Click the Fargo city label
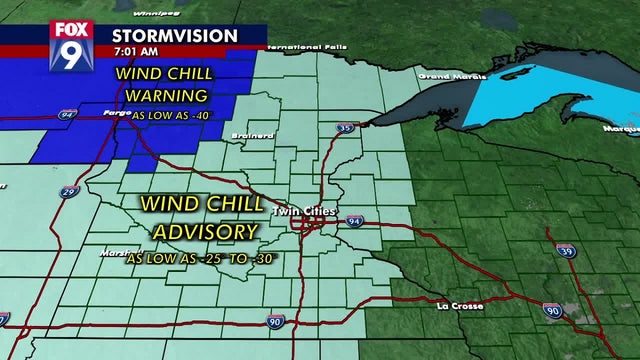tap(118, 115)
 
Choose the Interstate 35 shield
tap(343, 128)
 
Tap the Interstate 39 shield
tap(567, 251)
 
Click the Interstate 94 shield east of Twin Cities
tap(355, 220)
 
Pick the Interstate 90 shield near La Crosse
tap(553, 312)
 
